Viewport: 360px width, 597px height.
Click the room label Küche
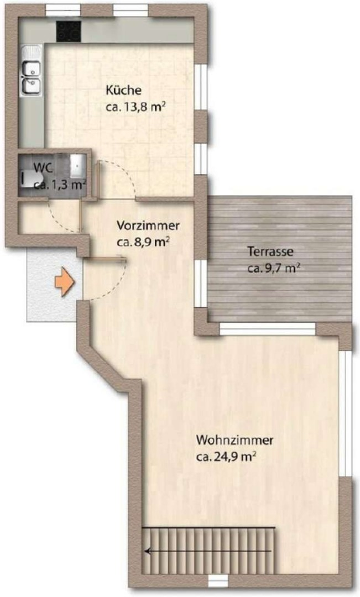click(123, 91)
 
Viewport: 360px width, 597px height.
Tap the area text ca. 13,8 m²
click(135, 107)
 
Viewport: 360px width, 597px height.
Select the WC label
click(41, 168)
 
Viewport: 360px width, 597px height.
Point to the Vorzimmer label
click(148, 226)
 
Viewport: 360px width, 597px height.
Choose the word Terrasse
click(270, 252)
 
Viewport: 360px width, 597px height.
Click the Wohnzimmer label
click(234, 441)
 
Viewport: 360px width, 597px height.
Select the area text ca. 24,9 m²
click(226, 457)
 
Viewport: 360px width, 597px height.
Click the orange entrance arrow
click(64, 282)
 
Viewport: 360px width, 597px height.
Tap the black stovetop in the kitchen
click(69, 31)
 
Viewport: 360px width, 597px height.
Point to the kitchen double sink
click(31, 70)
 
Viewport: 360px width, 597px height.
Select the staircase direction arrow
click(208, 551)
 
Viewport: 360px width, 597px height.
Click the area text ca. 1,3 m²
click(60, 185)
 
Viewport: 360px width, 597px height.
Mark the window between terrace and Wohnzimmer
click(268, 329)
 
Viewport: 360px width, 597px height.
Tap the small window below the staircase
click(218, 580)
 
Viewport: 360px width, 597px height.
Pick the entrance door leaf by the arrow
click(105, 259)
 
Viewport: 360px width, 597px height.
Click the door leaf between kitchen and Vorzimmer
click(98, 180)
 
